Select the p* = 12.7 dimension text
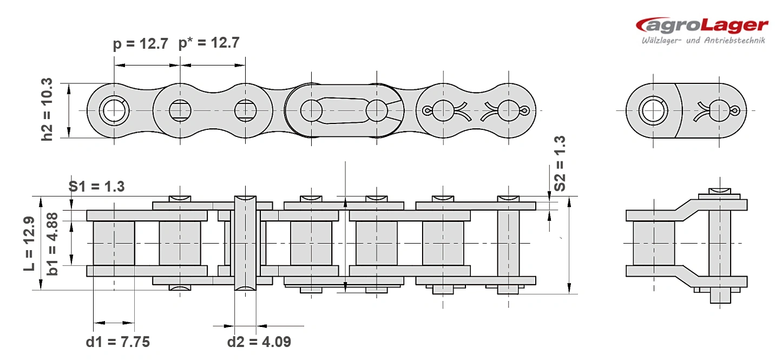pos(209,43)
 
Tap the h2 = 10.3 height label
pos(47,109)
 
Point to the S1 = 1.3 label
pos(96,186)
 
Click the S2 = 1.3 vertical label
pos(560,163)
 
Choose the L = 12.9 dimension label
pos(29,244)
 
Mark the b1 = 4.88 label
pos(52,244)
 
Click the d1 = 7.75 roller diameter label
pos(117,342)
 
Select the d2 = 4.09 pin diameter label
pos(259,342)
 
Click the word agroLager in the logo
pos(702,25)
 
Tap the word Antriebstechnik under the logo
pos(734,41)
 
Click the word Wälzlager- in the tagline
pos(661,41)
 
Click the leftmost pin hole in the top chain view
pos(114,110)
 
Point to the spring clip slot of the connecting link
pos(344,110)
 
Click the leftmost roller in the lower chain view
pos(114,244)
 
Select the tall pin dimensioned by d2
pos(245,244)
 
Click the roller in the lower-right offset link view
pos(654,244)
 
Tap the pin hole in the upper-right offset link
pos(653,110)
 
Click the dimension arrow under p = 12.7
pos(147,65)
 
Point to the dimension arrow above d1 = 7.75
pos(114,323)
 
